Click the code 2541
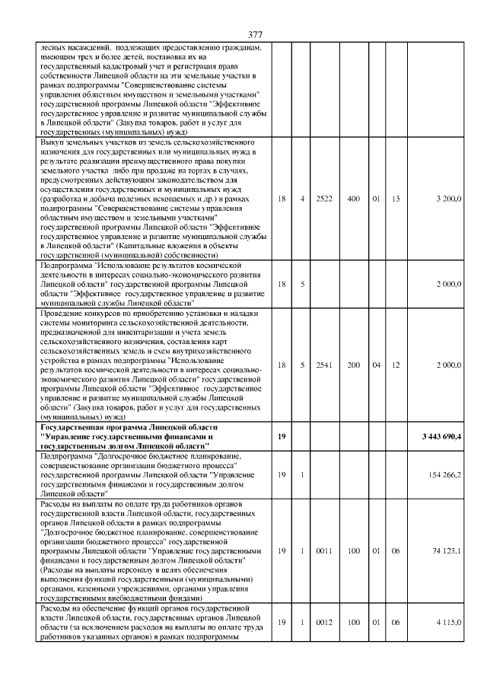325,365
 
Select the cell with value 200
353,365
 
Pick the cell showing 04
376,365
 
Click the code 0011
325,550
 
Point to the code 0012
325,623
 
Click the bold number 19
281,437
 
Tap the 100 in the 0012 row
353,623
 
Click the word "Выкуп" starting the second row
38,142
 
